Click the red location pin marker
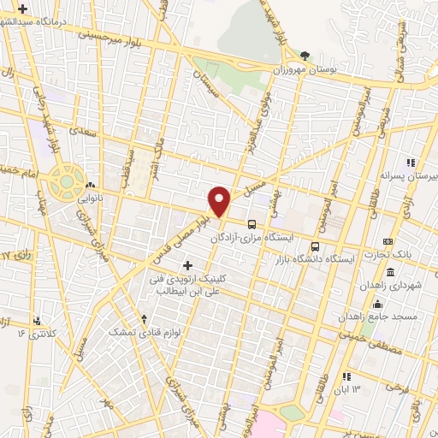point(220,199)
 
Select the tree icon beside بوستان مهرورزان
point(305,56)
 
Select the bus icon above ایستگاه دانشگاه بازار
point(315,247)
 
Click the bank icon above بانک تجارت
point(388,242)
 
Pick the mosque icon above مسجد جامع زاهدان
point(377,305)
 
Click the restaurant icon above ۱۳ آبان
point(346,376)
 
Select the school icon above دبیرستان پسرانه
point(411,163)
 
